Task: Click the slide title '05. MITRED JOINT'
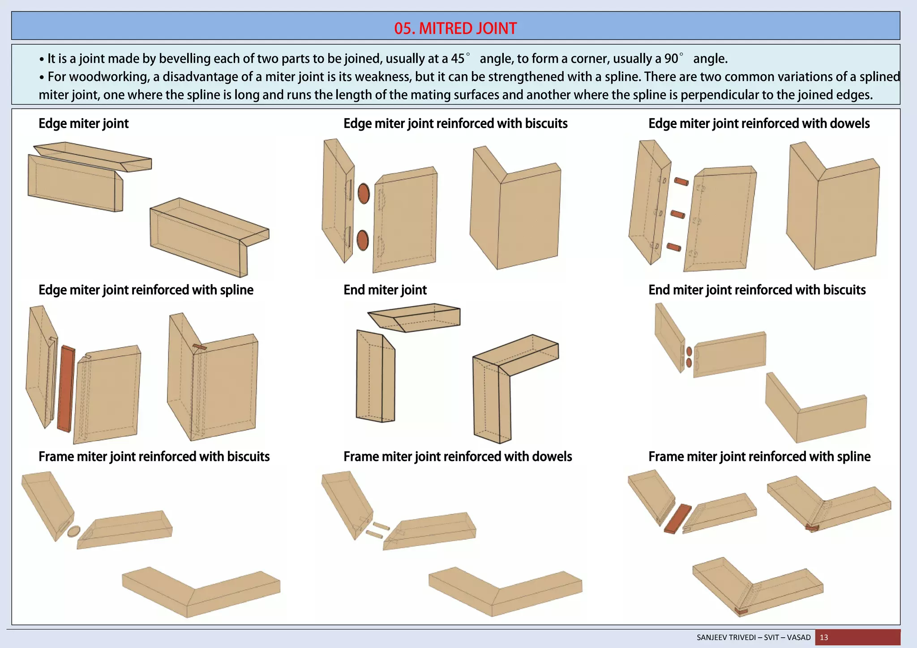[x=455, y=28]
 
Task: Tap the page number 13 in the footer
[x=824, y=637]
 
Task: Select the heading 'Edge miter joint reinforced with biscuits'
[x=455, y=124]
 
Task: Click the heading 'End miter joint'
[x=385, y=290]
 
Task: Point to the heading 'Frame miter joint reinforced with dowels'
[x=458, y=456]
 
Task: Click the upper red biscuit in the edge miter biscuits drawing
[x=364, y=194]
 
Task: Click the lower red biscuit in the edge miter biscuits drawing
[x=363, y=240]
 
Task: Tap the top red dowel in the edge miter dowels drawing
[x=681, y=182]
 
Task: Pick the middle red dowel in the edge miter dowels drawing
[x=677, y=214]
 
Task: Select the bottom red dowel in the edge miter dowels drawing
[x=674, y=247]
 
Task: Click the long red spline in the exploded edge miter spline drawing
[x=66, y=388]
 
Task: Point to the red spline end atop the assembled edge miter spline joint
[x=200, y=347]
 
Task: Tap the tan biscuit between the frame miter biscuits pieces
[x=74, y=531]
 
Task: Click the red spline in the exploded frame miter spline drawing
[x=677, y=519]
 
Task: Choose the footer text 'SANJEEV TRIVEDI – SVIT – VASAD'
[x=754, y=637]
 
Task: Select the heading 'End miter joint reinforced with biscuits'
[x=757, y=290]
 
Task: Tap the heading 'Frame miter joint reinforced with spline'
[x=759, y=456]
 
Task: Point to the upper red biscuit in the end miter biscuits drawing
[x=689, y=352]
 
